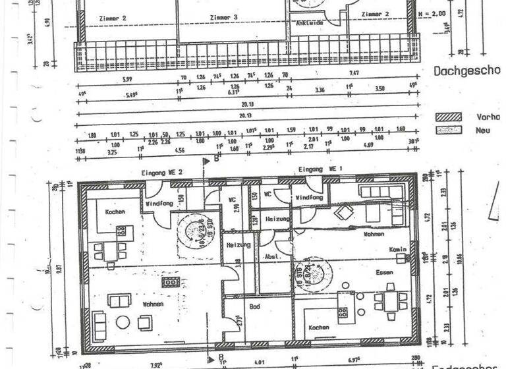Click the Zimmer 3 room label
(x=224, y=16)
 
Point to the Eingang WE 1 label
(x=320, y=169)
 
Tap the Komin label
(x=397, y=250)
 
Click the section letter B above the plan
(x=215, y=159)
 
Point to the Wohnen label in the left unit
(x=153, y=304)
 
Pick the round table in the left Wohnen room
(x=123, y=322)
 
